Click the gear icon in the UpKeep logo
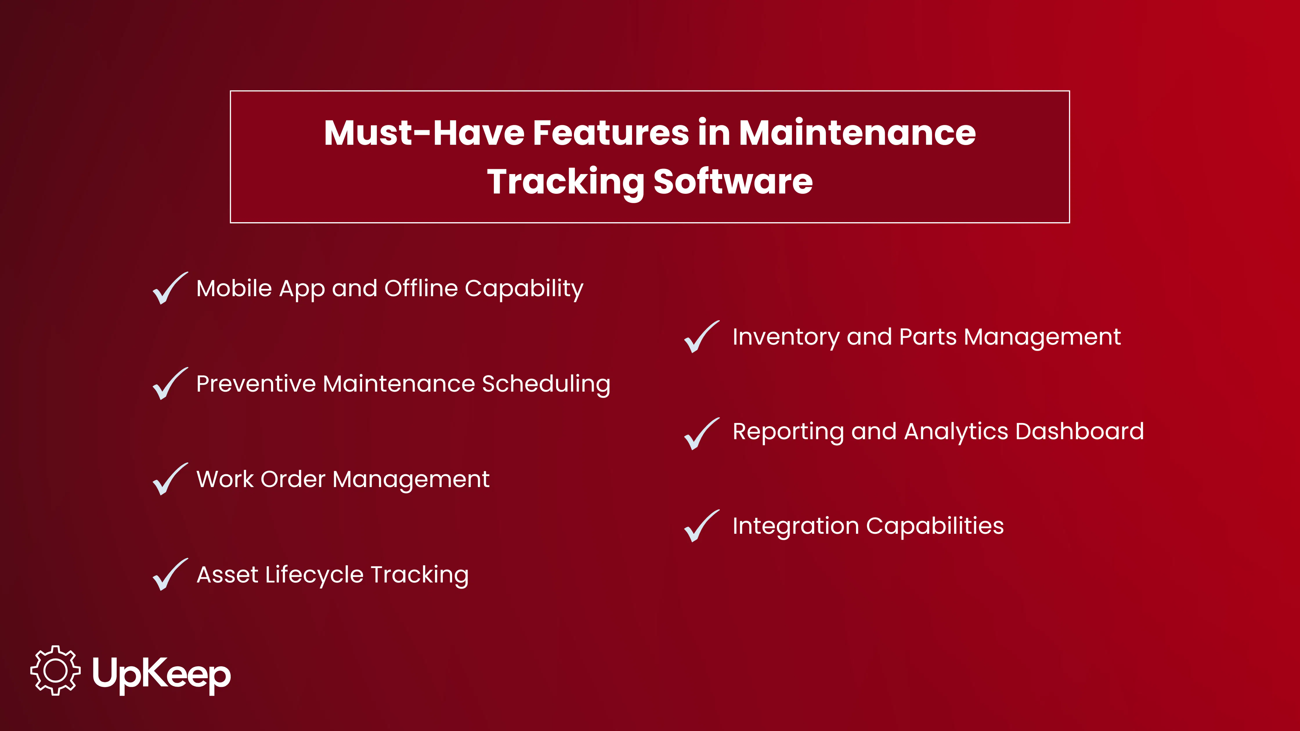click(55, 670)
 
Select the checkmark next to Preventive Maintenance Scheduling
click(169, 384)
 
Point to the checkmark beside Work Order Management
click(169, 480)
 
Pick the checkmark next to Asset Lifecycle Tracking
click(169, 575)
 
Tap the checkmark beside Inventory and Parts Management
click(701, 337)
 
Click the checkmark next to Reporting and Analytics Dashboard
click(701, 434)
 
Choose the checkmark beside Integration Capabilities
click(701, 527)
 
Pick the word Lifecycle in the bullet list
click(314, 575)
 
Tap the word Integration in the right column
click(795, 526)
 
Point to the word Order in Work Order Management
click(293, 479)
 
